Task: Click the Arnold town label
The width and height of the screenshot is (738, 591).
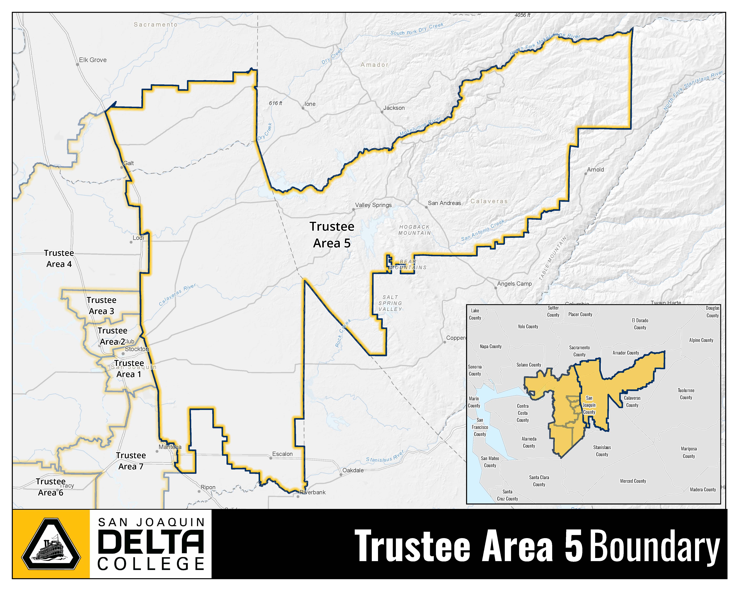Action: pyautogui.click(x=595, y=170)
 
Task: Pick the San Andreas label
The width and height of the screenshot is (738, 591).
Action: pyautogui.click(x=444, y=203)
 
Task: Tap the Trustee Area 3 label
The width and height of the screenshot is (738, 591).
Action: pyautogui.click(x=101, y=306)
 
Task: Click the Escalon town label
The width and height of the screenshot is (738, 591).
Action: pyautogui.click(x=282, y=454)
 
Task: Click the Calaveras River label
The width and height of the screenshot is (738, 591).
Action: pyautogui.click(x=177, y=295)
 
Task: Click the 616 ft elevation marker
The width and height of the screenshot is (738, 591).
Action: pyautogui.click(x=276, y=103)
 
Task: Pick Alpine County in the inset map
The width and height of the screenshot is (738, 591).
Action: pyautogui.click(x=701, y=340)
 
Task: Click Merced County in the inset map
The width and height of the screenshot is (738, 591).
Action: pyautogui.click(x=633, y=481)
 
